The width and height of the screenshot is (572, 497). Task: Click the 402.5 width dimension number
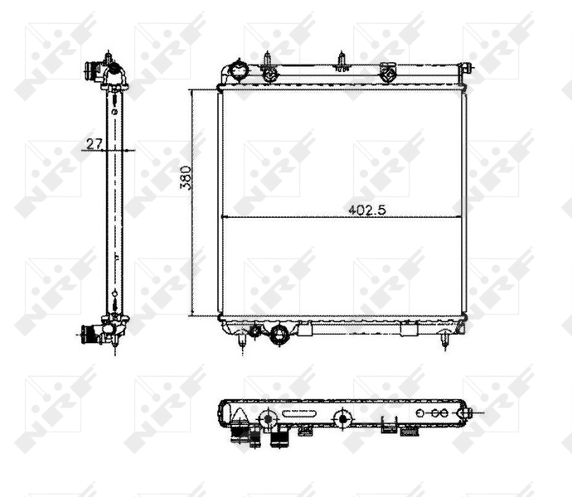click(x=369, y=210)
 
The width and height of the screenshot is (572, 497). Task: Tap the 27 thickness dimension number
click(x=93, y=143)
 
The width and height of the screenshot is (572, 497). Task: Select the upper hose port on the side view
click(x=109, y=68)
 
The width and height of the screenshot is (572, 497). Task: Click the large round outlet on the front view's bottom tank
click(x=280, y=335)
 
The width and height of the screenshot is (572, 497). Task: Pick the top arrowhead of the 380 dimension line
click(x=192, y=92)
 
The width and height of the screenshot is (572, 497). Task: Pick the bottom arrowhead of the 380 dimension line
click(x=192, y=314)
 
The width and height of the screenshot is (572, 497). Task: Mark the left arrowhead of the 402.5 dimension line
click(x=224, y=217)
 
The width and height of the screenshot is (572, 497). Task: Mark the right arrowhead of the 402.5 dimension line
click(x=460, y=217)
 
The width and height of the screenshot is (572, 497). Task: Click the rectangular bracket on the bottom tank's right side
click(x=409, y=330)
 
